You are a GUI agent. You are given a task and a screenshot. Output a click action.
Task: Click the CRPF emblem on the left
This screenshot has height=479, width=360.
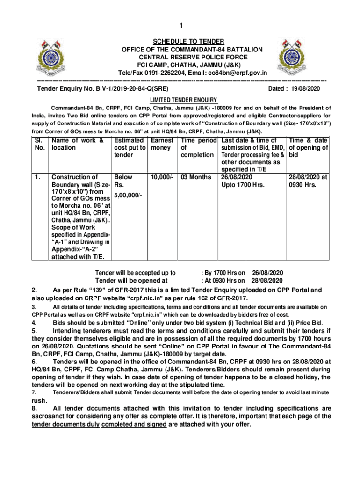[57, 56]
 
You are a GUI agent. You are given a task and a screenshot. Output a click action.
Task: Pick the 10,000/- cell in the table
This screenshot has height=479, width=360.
[162, 177]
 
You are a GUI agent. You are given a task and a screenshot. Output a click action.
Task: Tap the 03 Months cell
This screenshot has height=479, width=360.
[196, 177]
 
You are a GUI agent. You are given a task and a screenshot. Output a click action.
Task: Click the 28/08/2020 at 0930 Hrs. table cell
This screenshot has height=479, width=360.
[308, 181]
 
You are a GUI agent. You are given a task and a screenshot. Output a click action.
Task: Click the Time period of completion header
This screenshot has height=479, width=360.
[198, 147]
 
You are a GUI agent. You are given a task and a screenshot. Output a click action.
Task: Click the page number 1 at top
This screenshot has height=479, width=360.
[180, 26]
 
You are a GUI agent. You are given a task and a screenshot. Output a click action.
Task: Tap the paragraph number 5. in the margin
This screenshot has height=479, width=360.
[35, 331]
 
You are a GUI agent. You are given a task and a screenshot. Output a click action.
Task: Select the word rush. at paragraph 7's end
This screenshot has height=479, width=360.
[39, 401]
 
